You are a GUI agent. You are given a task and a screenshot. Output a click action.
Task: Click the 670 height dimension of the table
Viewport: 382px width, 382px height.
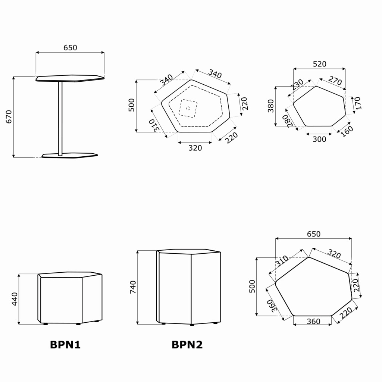9,117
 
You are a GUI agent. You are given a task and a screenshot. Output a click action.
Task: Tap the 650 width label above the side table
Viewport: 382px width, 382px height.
70,47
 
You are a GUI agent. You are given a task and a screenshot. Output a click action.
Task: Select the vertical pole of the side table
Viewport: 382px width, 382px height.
60,118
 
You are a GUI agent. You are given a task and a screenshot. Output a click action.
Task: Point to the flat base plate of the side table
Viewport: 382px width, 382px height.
70,156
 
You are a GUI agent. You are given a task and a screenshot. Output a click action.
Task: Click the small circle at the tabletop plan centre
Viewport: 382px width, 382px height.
188,108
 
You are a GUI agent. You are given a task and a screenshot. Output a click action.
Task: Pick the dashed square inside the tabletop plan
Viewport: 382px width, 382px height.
188,109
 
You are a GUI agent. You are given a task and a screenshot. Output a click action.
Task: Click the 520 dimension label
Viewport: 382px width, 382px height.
319,64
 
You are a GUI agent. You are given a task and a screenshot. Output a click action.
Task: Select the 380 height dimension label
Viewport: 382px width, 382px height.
271,106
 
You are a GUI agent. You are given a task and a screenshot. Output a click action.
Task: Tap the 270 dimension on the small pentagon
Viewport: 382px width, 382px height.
335,81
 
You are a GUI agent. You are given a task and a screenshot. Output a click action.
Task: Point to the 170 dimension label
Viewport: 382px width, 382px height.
358,103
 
